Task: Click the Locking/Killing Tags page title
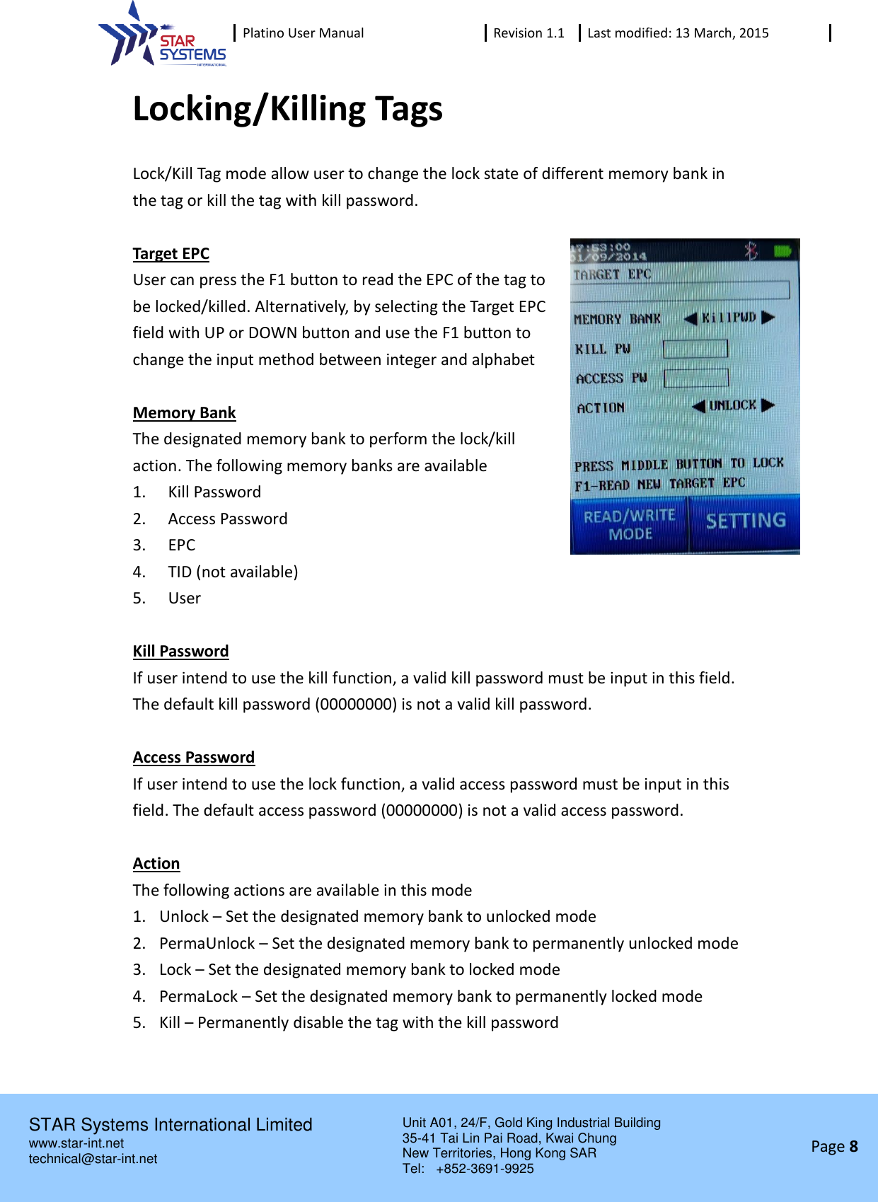(287, 109)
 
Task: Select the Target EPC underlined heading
(171, 253)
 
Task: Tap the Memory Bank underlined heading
(184, 412)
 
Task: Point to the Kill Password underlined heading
(180, 651)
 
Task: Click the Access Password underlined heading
(193, 757)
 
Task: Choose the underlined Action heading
(156, 863)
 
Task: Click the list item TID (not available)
(233, 572)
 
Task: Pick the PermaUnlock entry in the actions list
(207, 943)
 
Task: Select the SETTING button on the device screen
(745, 522)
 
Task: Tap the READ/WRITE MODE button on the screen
(629, 524)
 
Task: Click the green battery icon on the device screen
(782, 250)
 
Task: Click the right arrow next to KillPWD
(768, 318)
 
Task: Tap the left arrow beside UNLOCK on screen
(698, 406)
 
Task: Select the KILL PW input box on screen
(695, 349)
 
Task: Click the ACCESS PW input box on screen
(696, 378)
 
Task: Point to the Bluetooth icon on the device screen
(751, 250)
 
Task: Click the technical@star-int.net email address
(93, 1159)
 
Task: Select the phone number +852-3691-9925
(485, 1169)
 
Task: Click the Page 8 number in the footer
(834, 1146)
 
